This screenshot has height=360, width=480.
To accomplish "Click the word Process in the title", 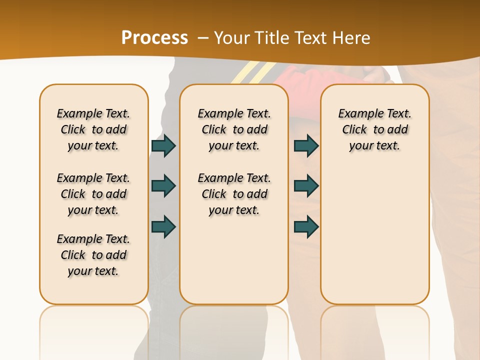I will click(x=154, y=38).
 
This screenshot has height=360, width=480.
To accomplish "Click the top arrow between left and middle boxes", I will click(x=163, y=146).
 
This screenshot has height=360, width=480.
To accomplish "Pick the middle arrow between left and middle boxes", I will click(x=163, y=186).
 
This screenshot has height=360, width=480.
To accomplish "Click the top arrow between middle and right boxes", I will click(x=306, y=146).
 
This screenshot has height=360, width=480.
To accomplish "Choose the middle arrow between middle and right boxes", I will click(x=306, y=186).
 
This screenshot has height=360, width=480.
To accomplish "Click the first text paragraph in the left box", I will click(x=93, y=129).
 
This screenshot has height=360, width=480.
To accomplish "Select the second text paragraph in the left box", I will click(x=93, y=194).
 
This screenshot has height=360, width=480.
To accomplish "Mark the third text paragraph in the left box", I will click(x=93, y=255).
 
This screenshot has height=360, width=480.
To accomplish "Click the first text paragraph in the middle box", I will click(x=234, y=129).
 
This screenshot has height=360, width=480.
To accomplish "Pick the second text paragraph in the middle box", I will click(x=234, y=194).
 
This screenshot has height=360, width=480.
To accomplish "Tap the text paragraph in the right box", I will click(x=374, y=129).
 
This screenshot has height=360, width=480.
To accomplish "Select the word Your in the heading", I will click(x=233, y=38).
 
